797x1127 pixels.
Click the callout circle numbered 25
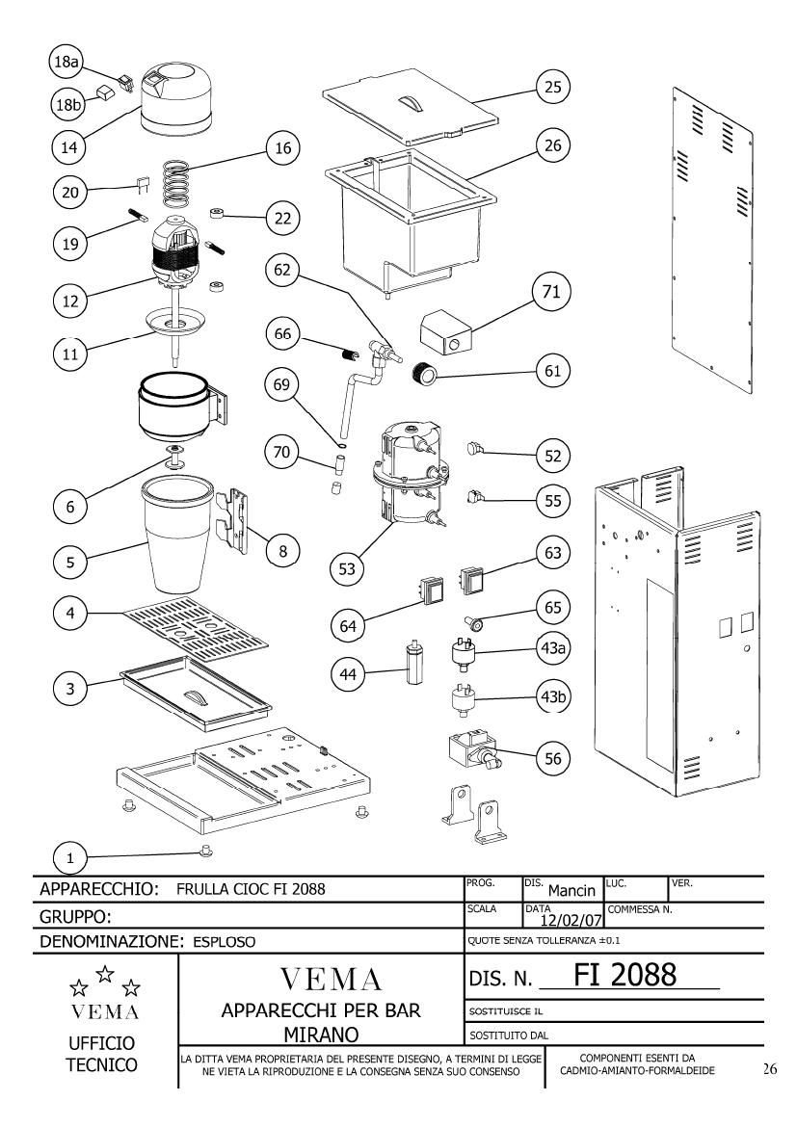552,87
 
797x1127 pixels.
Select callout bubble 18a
66,62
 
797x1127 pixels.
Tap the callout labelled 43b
552,696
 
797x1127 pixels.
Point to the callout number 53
347,569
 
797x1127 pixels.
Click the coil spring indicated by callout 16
177,185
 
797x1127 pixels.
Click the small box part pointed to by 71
447,332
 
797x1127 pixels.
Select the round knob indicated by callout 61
423,375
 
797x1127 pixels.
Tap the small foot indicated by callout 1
205,851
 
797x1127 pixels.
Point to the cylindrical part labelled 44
413,661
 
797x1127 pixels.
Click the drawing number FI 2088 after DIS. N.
624,975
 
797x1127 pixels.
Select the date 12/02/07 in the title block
571,920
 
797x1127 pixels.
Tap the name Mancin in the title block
571,891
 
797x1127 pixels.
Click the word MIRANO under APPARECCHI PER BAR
321,1035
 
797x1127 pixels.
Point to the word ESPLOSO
224,941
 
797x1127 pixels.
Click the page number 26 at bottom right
770,1069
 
